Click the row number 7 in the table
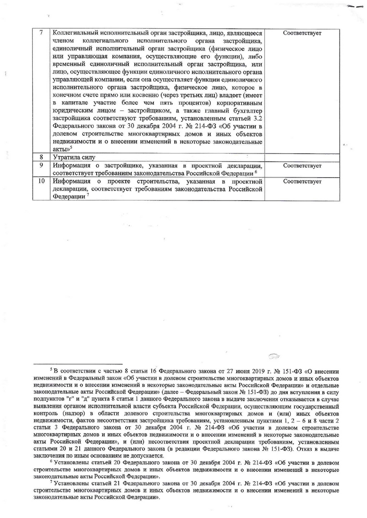[x=41, y=34]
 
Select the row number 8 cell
[x=41, y=157]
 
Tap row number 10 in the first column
[x=41, y=181]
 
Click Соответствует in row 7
[x=303, y=34]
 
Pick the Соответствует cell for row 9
[x=303, y=165]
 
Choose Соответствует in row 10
[x=303, y=181]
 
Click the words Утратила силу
[x=74, y=157]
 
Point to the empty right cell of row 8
[x=303, y=157]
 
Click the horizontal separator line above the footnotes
[x=80, y=364]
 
